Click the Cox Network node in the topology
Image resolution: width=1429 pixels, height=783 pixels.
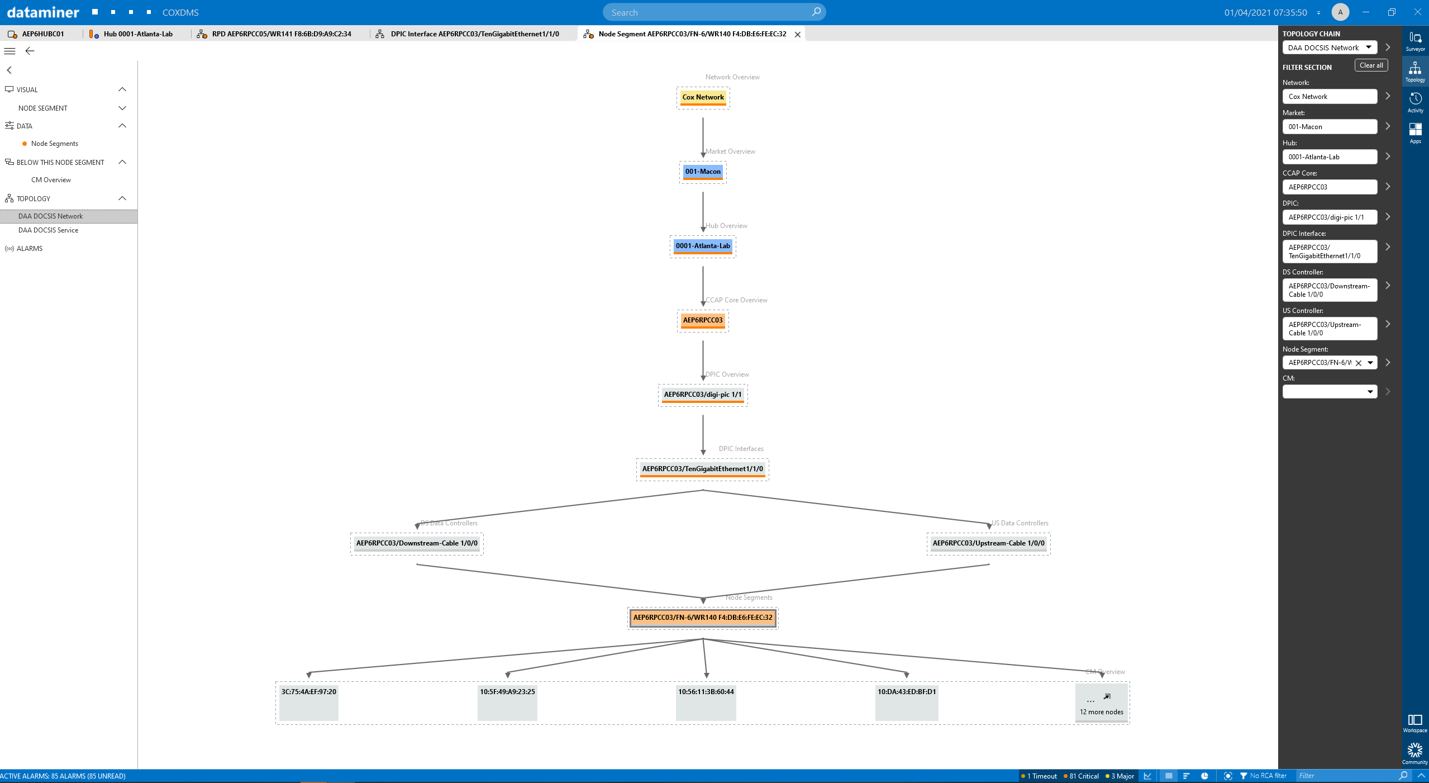point(703,97)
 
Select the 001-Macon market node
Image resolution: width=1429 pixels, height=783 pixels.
point(703,172)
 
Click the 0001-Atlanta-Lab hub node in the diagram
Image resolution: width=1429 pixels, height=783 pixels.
point(703,246)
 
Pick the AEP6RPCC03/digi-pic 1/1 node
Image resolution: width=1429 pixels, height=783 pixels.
point(703,395)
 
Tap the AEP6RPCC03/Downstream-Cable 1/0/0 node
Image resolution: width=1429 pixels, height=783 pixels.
point(417,543)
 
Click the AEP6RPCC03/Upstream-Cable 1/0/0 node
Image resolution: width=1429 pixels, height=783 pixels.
point(988,543)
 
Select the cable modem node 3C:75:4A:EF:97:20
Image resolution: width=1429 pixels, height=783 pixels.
point(309,703)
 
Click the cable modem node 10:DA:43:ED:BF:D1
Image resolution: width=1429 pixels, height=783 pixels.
point(907,703)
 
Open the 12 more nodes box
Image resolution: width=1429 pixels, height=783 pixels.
point(1102,703)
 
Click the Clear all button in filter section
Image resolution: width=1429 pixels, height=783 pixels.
point(1371,65)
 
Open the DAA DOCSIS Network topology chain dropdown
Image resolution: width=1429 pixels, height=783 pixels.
point(1330,48)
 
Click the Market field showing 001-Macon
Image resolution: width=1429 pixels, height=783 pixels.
point(1330,127)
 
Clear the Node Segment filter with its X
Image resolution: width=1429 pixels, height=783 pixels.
point(1359,363)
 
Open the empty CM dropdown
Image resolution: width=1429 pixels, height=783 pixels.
point(1330,392)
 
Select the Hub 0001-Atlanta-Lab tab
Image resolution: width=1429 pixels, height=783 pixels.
point(132,34)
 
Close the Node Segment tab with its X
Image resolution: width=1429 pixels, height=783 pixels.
point(798,34)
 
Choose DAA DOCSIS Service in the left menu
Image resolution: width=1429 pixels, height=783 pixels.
point(48,230)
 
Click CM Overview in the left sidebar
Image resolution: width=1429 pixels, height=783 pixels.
point(51,180)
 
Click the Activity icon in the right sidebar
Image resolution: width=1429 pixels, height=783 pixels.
point(1415,102)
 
